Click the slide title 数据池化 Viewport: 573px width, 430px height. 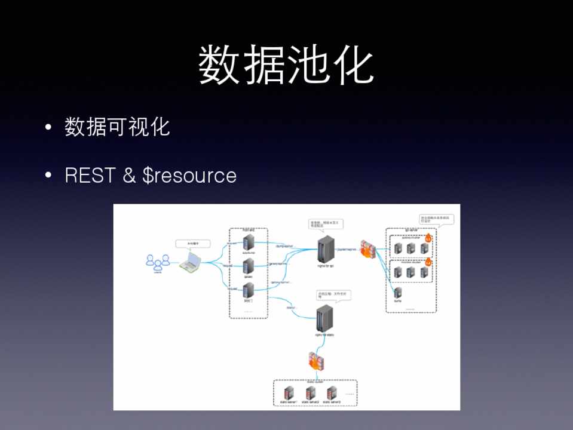[x=286, y=66]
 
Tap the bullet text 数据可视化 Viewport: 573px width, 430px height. [x=117, y=127]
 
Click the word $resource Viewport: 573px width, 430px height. [x=189, y=176]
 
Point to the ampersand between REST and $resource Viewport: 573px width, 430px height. [x=130, y=175]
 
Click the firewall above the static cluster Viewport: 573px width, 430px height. [x=315, y=361]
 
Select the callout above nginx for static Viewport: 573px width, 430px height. [x=331, y=296]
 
